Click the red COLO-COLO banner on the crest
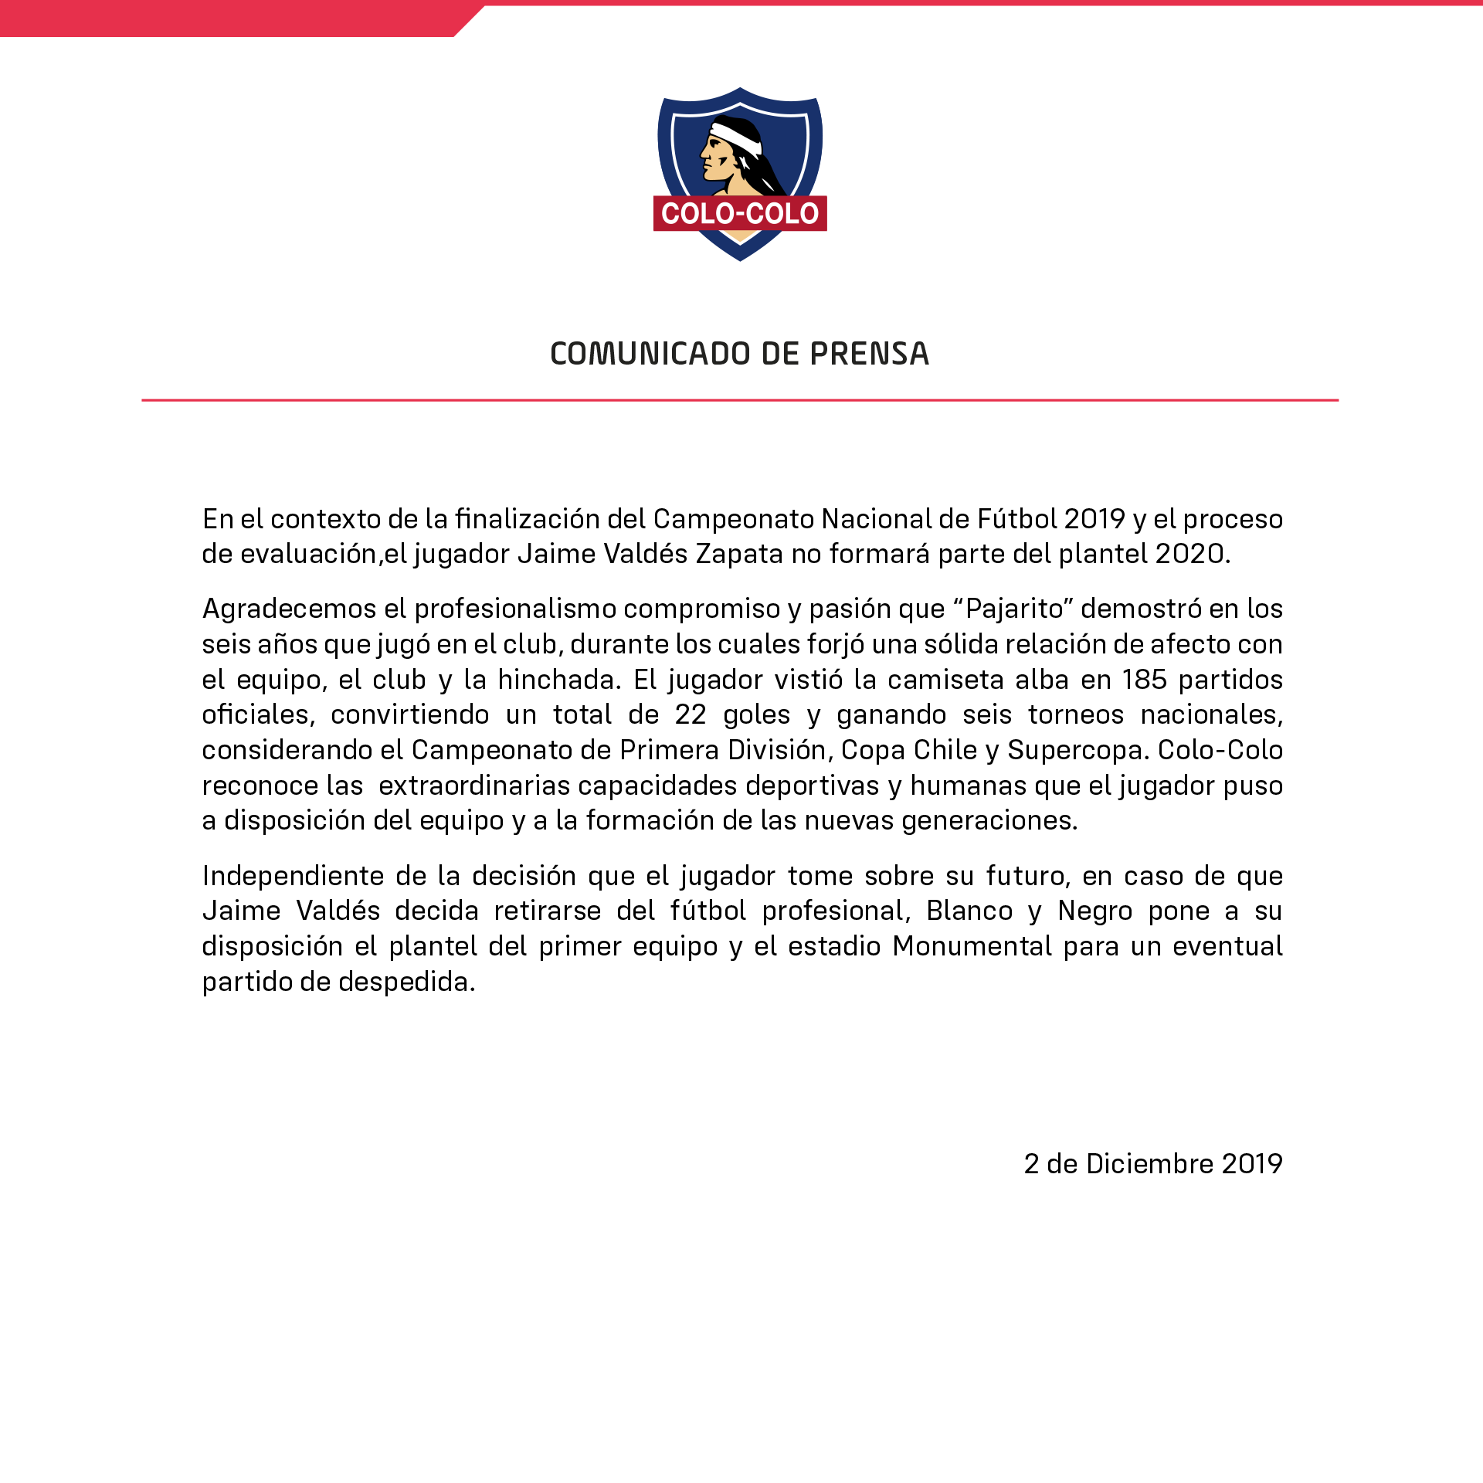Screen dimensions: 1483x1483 point(740,214)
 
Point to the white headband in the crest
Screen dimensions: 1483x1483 point(738,137)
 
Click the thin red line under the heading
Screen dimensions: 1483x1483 point(740,400)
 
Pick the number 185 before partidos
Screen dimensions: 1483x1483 point(1144,680)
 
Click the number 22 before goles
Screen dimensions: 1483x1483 point(691,714)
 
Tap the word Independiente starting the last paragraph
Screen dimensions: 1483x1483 point(293,876)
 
